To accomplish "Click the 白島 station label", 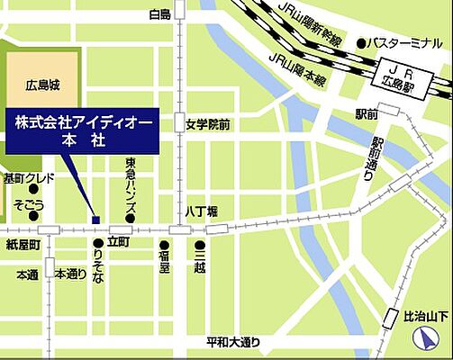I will pos(159,15).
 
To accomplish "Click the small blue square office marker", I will pos(95,218).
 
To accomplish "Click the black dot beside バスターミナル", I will pos(360,42).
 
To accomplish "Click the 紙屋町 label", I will pos(23,245).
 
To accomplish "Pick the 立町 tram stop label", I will pos(119,244).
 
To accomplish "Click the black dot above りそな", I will pos(97,244).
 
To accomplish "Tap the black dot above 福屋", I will pos(165,244).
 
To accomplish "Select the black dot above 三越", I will pos(199,244).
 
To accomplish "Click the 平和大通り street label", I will pos(233,341).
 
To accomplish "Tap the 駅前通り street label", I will pos(367,160).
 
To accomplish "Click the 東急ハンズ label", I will pos(131,188).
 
